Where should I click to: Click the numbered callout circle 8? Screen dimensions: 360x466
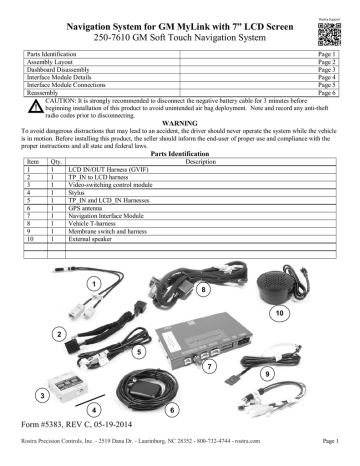click(x=205, y=291)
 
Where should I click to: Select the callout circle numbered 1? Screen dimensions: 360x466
click(x=92, y=283)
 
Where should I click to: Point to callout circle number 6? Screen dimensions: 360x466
click(x=172, y=410)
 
